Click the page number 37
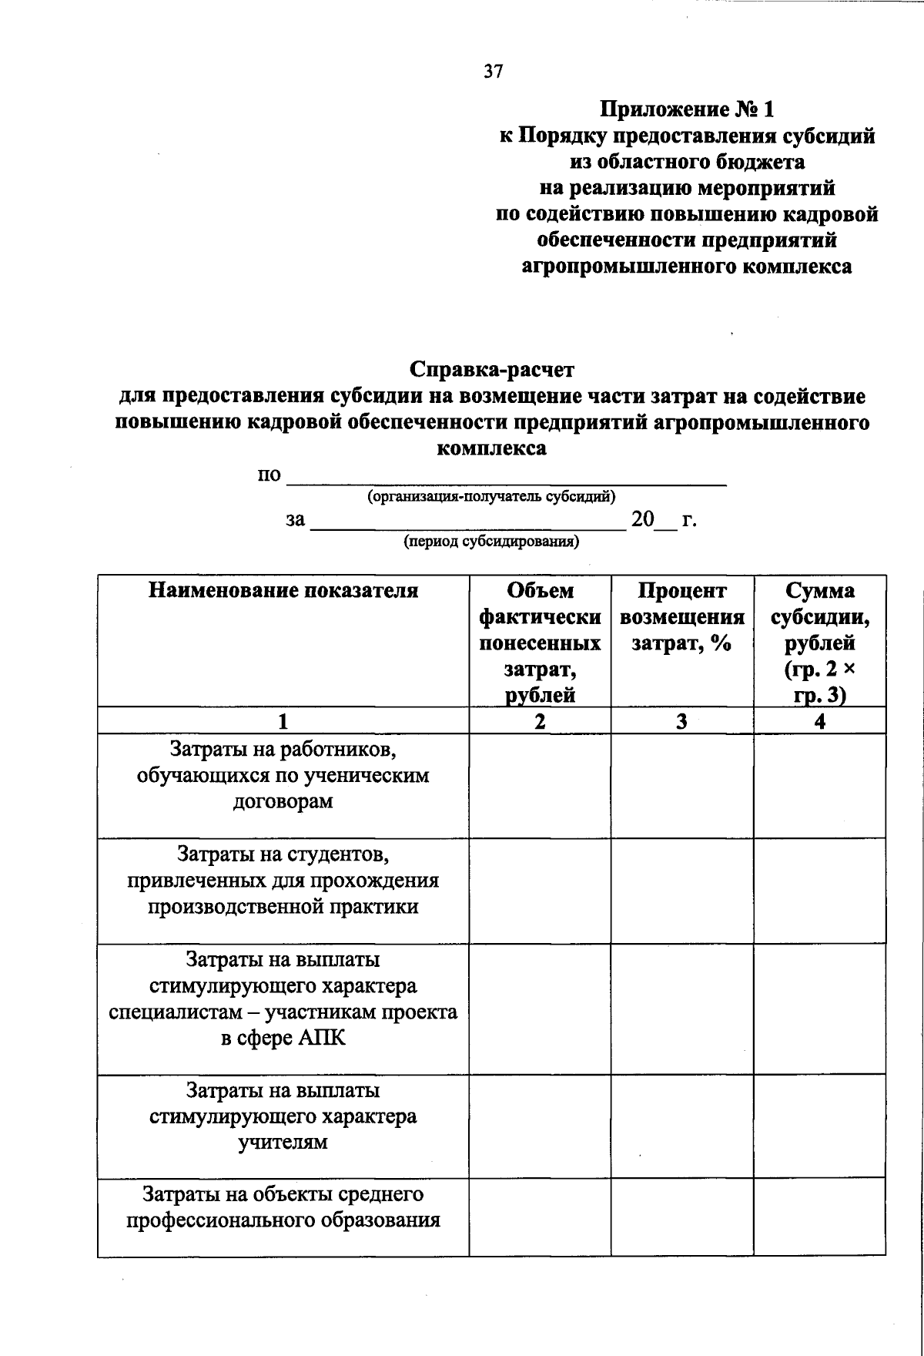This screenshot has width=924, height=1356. [493, 72]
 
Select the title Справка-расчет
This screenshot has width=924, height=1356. [492, 370]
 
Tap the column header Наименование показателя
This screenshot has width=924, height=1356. [283, 591]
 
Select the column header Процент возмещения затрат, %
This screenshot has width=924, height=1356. [681, 616]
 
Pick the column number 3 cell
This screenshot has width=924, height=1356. [681, 721]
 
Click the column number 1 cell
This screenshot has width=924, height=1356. [283, 721]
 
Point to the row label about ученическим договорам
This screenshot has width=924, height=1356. [283, 775]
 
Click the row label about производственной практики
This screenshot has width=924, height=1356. [283, 880]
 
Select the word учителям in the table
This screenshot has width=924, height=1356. [283, 1142]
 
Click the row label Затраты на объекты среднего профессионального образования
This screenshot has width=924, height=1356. [283, 1207]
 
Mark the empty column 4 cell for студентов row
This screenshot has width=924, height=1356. [819, 891]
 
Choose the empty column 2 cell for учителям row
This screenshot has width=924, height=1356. [540, 1126]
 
